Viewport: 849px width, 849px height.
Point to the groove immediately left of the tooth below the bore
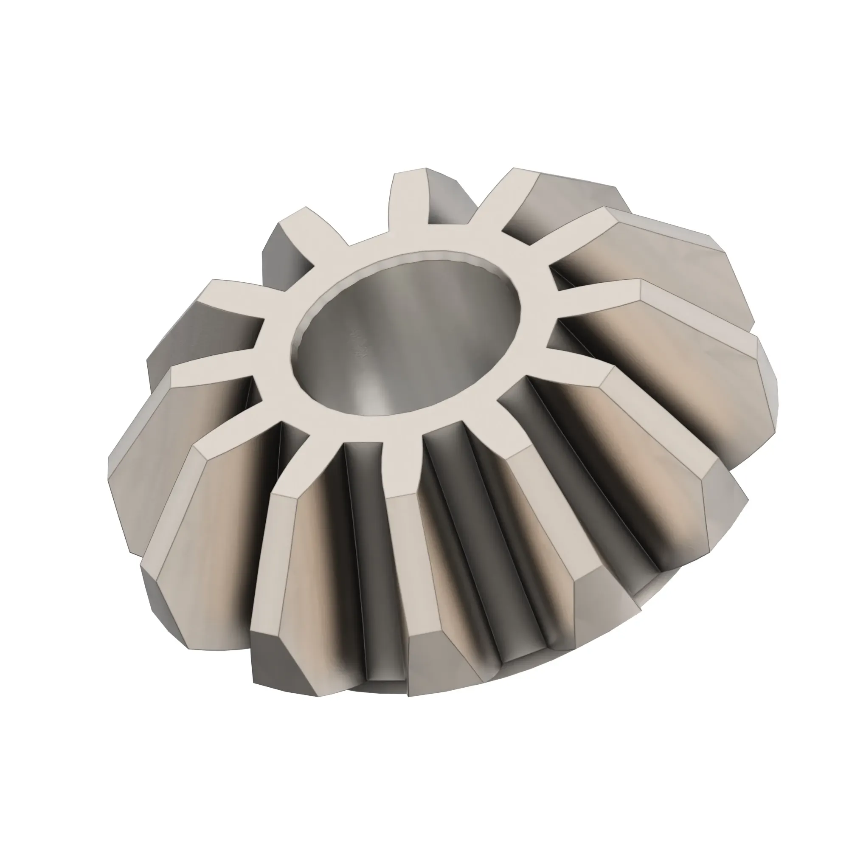369,549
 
